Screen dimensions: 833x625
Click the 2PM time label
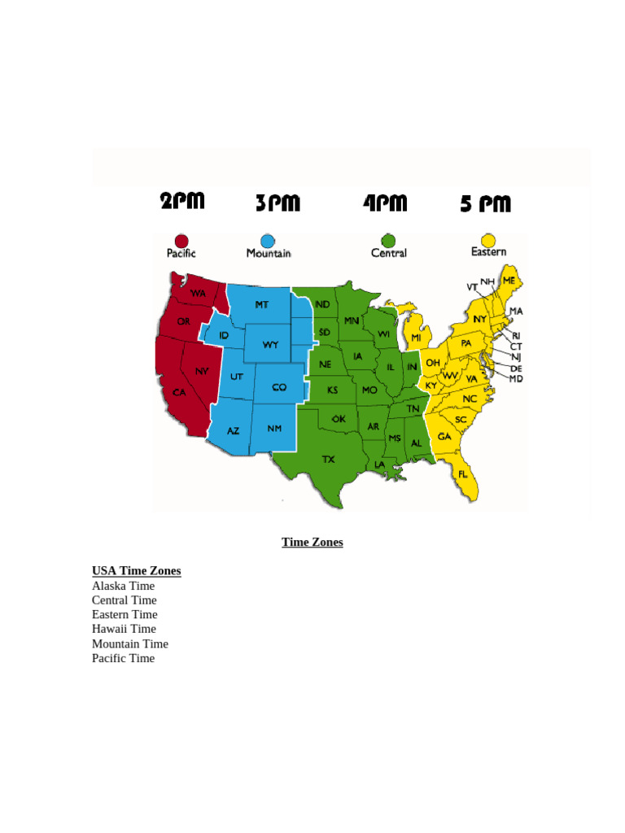point(181,201)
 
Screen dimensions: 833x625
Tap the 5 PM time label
point(485,203)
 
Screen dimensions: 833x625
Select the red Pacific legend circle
point(181,241)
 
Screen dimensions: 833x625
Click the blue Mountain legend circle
point(268,241)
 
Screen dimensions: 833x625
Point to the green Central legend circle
point(388,241)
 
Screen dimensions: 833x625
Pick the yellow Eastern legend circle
point(487,240)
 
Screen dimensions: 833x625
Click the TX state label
point(328,460)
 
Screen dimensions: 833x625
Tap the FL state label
point(463,473)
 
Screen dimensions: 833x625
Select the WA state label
point(198,293)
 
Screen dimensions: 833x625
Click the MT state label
point(261,305)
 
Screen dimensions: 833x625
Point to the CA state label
point(179,392)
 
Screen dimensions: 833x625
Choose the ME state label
point(509,281)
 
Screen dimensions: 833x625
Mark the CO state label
point(279,387)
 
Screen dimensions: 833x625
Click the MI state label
point(416,338)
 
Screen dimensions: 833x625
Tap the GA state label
point(444,437)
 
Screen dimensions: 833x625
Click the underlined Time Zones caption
point(312,542)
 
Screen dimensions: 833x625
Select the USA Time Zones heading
point(136,571)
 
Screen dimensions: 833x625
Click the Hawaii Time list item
point(124,629)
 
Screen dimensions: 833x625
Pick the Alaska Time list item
point(123,586)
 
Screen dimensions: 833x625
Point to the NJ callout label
point(516,357)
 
